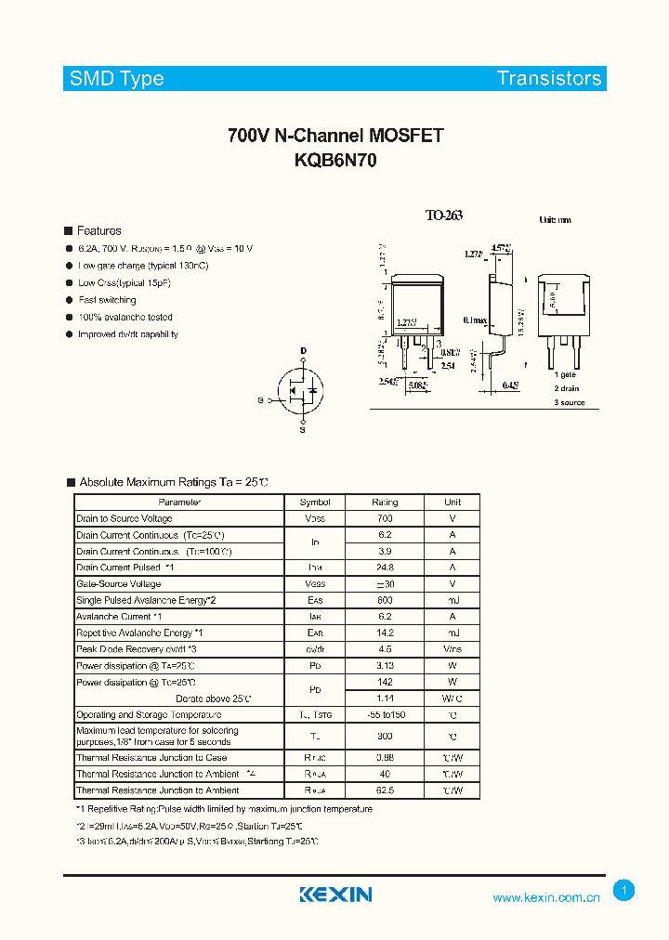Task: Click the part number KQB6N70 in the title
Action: point(335,159)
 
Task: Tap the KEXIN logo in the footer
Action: point(335,894)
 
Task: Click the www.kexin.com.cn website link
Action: point(545,897)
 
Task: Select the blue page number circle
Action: point(624,891)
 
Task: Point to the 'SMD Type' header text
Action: point(116,79)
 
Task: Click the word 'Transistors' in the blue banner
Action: point(549,79)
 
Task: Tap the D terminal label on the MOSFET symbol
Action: point(303,351)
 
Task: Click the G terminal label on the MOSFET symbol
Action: point(261,400)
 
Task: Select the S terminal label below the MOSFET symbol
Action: point(303,430)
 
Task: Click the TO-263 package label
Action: point(443,215)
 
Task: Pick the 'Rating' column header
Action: point(385,503)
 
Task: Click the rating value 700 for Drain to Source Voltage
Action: point(385,518)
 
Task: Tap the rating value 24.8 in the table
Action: point(385,568)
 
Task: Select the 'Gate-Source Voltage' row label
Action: point(119,584)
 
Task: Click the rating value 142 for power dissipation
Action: point(385,682)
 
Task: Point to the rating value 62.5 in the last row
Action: point(385,790)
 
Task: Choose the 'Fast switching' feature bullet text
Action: point(107,300)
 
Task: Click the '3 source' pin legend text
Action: point(570,402)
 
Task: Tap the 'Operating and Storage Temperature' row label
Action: point(149,715)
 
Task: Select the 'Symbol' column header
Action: point(315,503)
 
